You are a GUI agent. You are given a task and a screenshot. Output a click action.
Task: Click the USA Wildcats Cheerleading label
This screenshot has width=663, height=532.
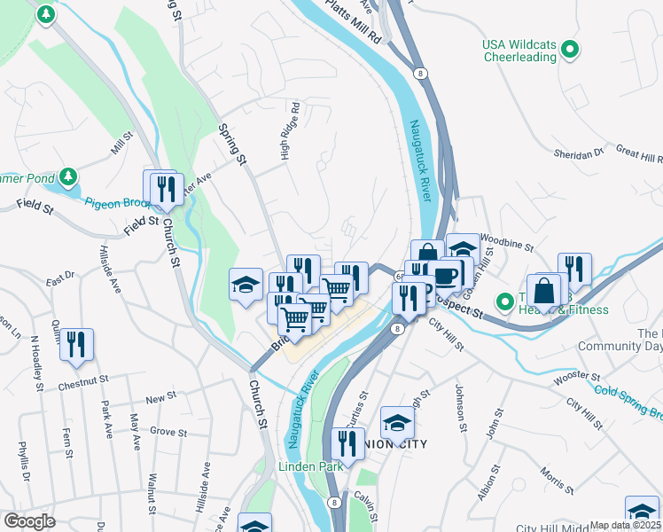[x=519, y=51]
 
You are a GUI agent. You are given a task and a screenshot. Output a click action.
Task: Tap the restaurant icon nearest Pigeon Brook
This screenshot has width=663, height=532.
[x=164, y=188]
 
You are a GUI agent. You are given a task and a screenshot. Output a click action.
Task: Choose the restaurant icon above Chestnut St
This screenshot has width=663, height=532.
[x=77, y=344]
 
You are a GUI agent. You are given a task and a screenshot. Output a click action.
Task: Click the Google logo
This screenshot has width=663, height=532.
[x=29, y=521]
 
